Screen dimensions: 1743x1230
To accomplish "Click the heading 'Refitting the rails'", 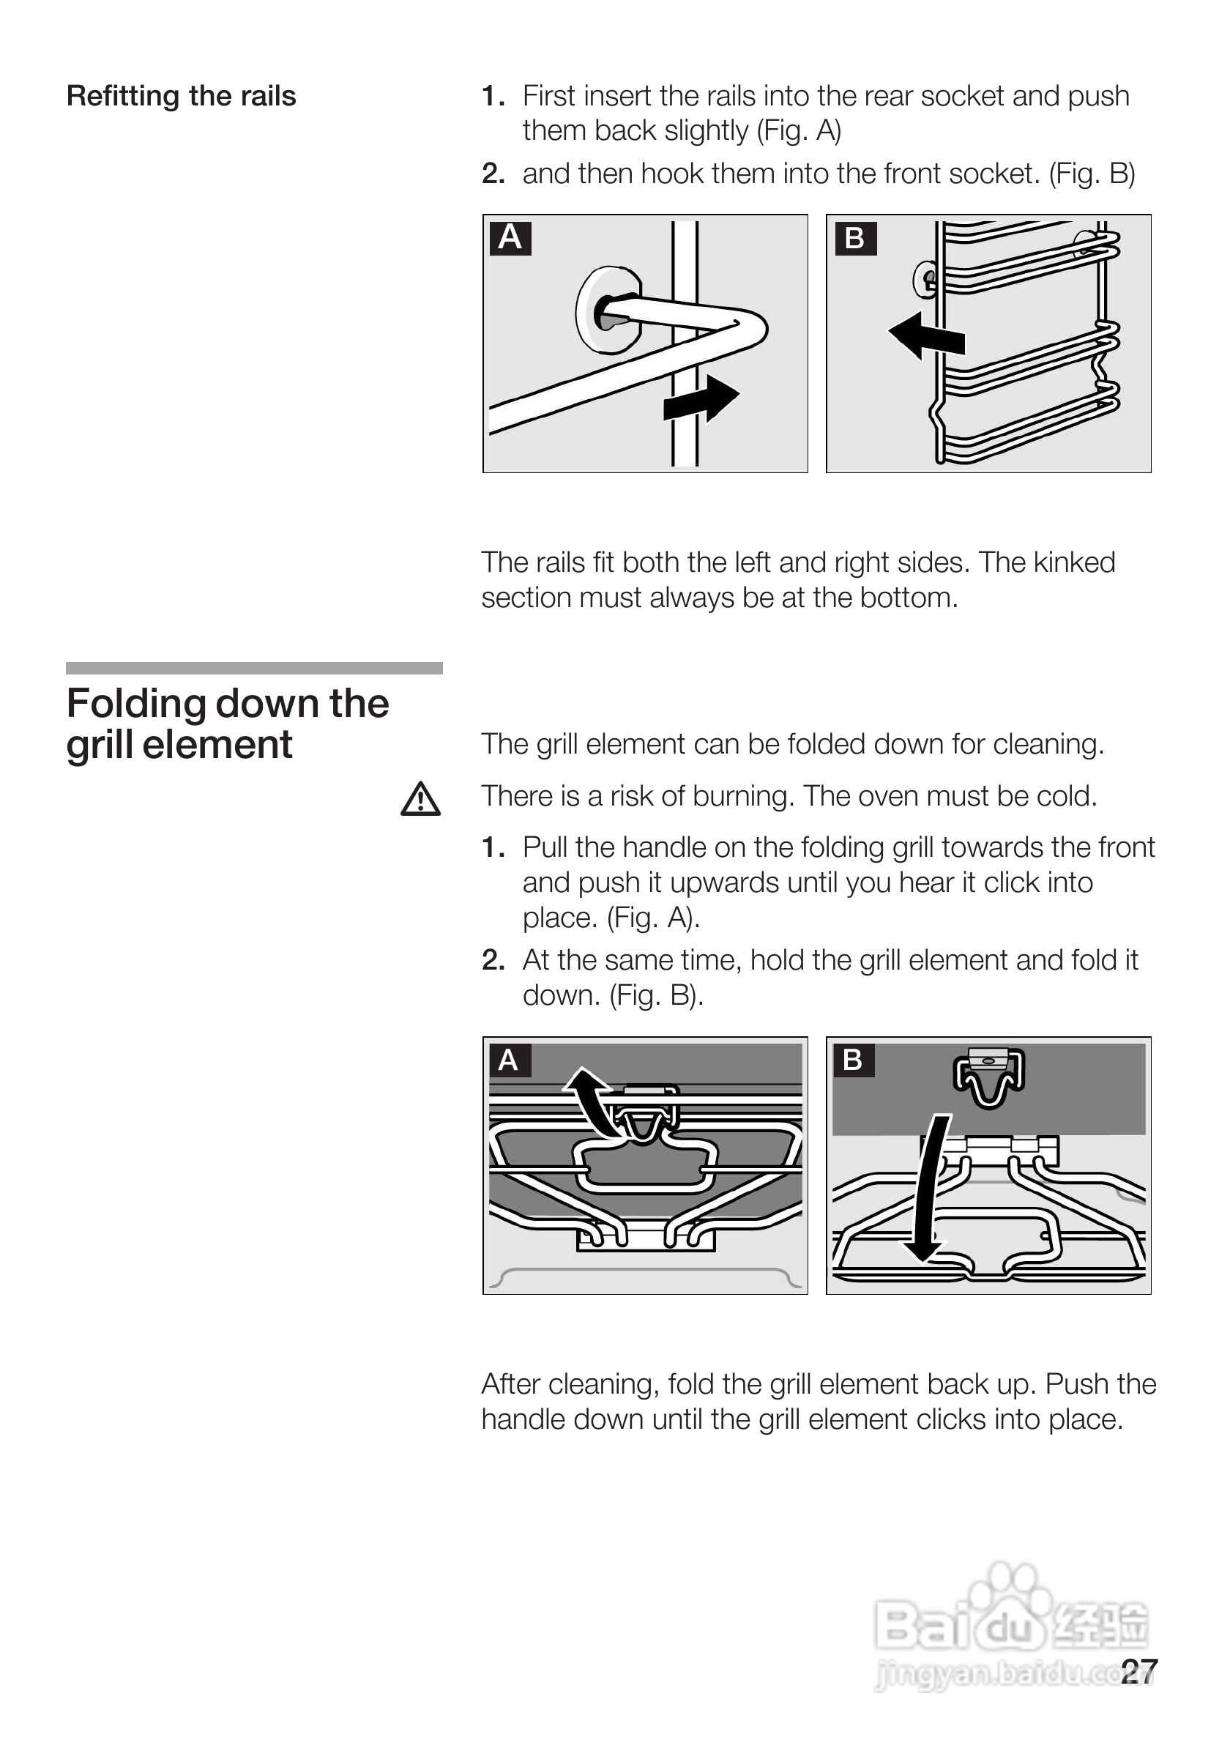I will coord(181,97).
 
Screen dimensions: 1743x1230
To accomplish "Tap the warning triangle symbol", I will coord(420,800).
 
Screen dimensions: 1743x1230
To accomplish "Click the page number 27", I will coord(1138,1672).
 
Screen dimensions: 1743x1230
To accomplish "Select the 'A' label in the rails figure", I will coord(510,237).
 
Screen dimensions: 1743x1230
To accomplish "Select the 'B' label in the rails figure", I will coord(854,238).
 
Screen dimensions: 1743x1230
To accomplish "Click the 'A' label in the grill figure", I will coord(508,1060).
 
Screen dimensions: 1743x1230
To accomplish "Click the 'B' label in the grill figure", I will coord(853,1060).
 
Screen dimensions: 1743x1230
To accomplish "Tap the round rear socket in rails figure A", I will coord(607,311).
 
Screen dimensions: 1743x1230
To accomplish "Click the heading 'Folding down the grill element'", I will coord(227,724).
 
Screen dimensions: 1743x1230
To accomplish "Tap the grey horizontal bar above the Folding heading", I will coord(254,668).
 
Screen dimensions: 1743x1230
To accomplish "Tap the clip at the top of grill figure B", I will coord(988,1077).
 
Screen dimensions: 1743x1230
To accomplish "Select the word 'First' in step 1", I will coord(548,97).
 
